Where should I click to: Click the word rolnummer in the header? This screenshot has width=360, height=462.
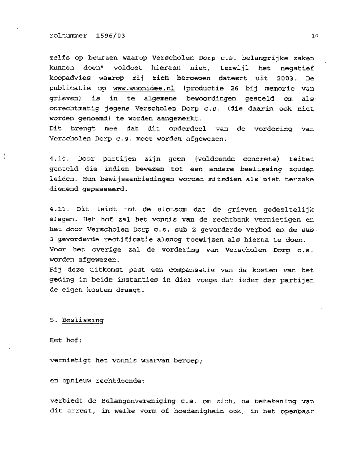(x=68, y=36)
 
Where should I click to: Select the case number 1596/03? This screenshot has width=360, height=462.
(x=110, y=36)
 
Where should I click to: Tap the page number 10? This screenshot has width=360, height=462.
(x=314, y=36)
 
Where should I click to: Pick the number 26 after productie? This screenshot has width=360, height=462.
(x=228, y=88)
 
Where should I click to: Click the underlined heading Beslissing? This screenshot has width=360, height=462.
(x=83, y=320)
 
